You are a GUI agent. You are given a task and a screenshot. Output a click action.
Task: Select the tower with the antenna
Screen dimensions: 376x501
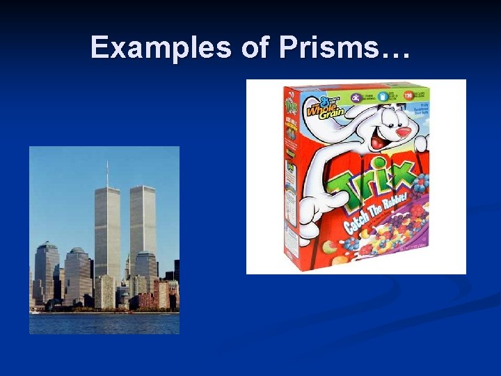(x=107, y=230)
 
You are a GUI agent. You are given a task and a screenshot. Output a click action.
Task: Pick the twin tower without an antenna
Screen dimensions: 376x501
(x=143, y=223)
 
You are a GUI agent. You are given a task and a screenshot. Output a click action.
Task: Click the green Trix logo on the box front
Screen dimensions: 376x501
(x=376, y=185)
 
